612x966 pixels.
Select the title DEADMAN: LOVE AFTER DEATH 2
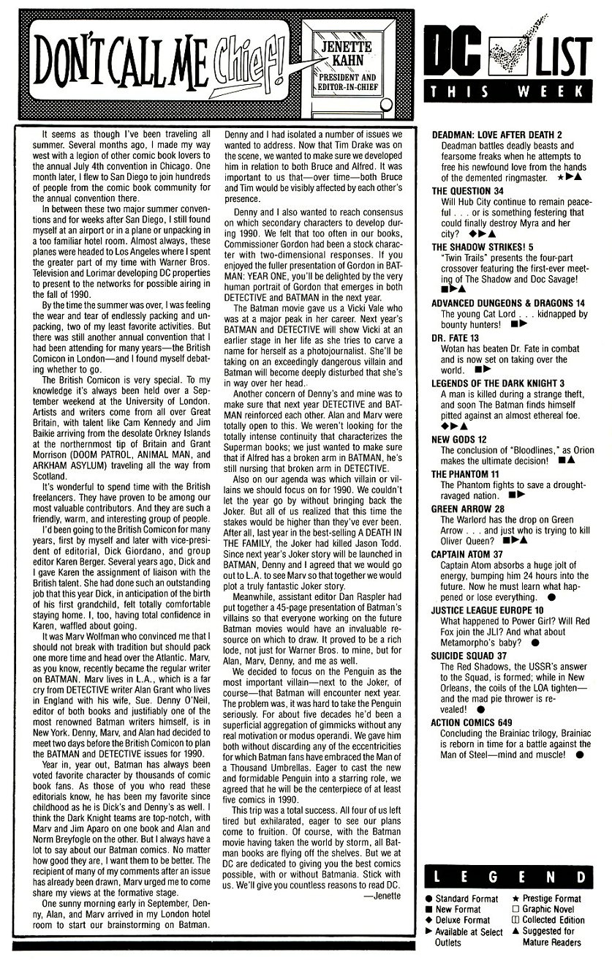tap(497, 135)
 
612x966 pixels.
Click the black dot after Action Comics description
tap(579, 755)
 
